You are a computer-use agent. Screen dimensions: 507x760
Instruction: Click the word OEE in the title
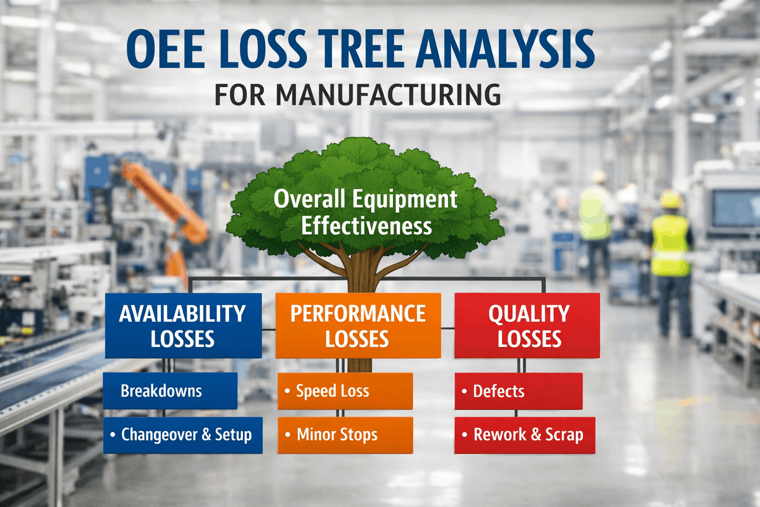click(165, 49)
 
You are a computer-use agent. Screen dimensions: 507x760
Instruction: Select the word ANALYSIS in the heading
click(505, 49)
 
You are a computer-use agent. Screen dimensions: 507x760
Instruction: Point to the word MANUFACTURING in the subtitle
click(388, 95)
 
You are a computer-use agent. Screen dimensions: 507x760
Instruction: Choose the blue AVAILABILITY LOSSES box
click(183, 326)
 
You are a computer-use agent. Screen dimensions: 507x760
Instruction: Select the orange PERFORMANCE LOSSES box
click(358, 326)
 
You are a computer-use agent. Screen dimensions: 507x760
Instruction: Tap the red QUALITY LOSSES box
click(527, 326)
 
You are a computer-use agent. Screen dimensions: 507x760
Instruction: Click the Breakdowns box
click(170, 391)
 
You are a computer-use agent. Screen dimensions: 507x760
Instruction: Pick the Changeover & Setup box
click(183, 435)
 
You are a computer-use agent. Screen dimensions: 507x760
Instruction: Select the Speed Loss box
click(345, 391)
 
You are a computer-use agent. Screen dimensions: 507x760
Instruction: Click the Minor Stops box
click(345, 435)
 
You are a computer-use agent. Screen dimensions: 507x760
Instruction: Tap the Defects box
click(518, 391)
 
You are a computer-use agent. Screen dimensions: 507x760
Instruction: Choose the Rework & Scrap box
click(524, 435)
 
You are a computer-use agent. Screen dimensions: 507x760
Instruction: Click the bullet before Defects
click(464, 391)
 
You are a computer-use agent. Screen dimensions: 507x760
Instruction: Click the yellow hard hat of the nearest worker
click(670, 200)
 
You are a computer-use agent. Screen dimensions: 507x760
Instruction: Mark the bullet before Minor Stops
click(287, 435)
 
